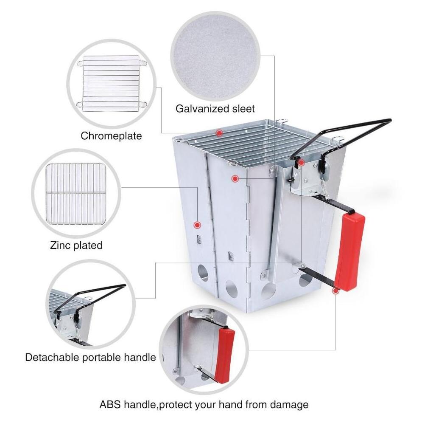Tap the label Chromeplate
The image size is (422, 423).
(111, 136)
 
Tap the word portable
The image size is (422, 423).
(101, 358)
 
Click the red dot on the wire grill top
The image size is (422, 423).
(219, 133)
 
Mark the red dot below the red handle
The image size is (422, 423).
(335, 290)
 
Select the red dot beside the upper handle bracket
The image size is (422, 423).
(301, 162)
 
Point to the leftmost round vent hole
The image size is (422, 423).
(203, 273)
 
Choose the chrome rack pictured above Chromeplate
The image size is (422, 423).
(112, 84)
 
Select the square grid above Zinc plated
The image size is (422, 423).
(76, 194)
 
